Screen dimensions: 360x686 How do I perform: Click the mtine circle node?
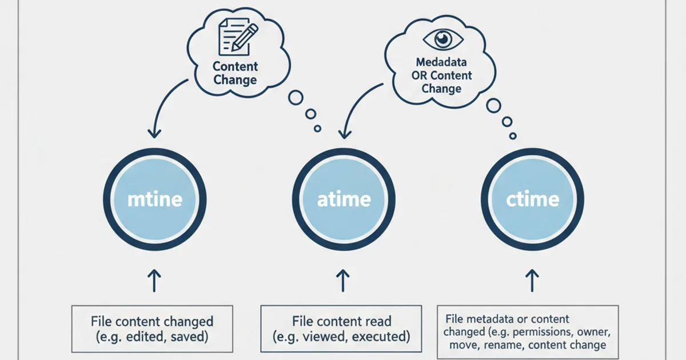pyautogui.click(x=154, y=199)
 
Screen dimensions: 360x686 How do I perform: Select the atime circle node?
pyautogui.click(x=343, y=199)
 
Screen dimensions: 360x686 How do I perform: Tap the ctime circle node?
pyautogui.click(x=532, y=199)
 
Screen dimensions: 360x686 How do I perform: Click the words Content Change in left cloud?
pyautogui.click(x=235, y=73)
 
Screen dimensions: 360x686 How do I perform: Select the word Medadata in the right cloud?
pyautogui.click(x=441, y=62)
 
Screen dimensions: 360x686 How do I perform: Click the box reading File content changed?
pyautogui.click(x=151, y=329)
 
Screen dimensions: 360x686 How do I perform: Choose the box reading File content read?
pyautogui.click(x=341, y=329)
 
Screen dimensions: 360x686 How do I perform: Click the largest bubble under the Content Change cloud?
pyautogui.click(x=296, y=97)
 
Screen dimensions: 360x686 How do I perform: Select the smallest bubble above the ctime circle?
pyautogui.click(x=513, y=136)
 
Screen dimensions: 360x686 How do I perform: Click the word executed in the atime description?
pyautogui.click(x=381, y=337)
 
